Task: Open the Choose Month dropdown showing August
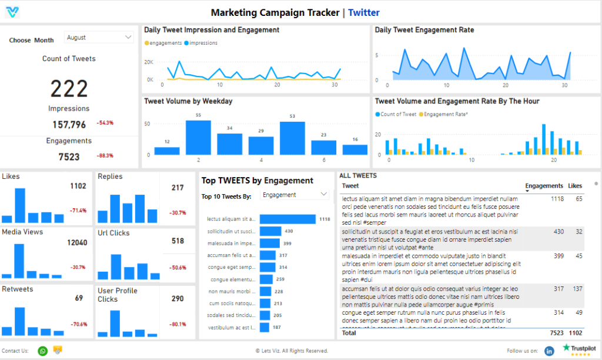click(x=99, y=38)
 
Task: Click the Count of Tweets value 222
click(x=69, y=88)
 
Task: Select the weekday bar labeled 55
click(x=198, y=138)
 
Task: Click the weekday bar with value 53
click(x=292, y=138)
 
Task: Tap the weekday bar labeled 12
click(x=167, y=151)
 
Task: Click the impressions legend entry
click(x=200, y=43)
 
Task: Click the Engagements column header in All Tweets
click(x=544, y=186)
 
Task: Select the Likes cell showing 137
click(x=576, y=289)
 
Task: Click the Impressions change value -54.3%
click(x=105, y=123)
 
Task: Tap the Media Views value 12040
click(x=77, y=242)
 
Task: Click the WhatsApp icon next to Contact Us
click(x=42, y=351)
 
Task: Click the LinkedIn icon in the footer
click(x=549, y=351)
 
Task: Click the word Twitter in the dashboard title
click(x=363, y=12)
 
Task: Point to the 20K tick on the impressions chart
click(x=148, y=62)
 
